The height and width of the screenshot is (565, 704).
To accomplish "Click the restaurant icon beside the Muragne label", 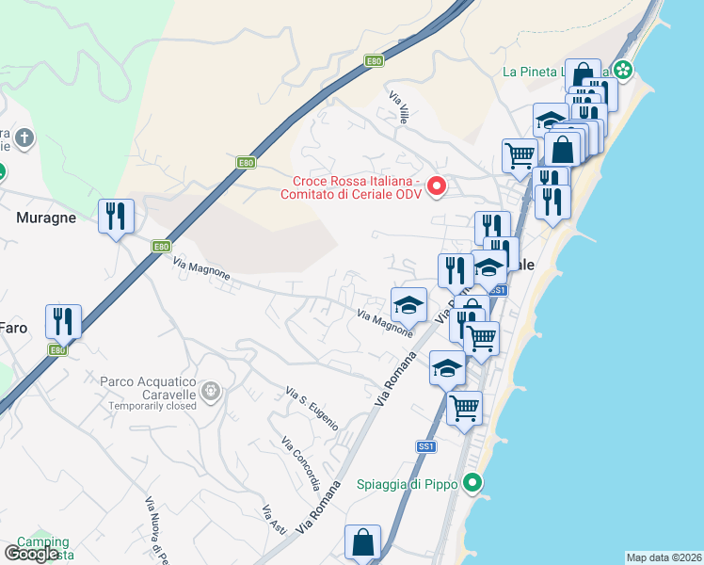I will click(x=117, y=217).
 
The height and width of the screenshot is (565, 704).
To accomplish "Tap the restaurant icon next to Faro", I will click(x=64, y=322).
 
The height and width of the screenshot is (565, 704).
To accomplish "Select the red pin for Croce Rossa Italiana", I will click(x=436, y=186).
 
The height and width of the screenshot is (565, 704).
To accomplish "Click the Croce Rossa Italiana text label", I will click(x=356, y=187).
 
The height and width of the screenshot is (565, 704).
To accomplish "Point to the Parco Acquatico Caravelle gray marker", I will click(x=212, y=389).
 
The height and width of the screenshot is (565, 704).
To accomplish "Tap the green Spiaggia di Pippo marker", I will click(x=475, y=484).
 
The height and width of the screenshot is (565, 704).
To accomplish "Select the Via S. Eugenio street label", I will click(x=312, y=408).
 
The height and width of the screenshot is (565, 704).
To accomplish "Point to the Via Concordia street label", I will click(x=301, y=463).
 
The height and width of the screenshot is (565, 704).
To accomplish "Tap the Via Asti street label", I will click(x=273, y=521).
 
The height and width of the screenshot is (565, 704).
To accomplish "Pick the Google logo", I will click(x=31, y=554).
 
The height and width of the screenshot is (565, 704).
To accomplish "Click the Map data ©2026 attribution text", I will click(x=664, y=557).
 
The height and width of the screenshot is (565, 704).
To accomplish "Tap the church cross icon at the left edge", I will click(x=24, y=139).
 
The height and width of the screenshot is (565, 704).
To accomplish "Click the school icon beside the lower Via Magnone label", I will click(x=408, y=305).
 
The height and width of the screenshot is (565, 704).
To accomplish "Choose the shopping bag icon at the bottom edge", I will click(x=362, y=542).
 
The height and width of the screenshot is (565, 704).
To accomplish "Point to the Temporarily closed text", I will click(x=152, y=406).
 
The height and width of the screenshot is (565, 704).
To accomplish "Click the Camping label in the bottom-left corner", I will click(x=43, y=542).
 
